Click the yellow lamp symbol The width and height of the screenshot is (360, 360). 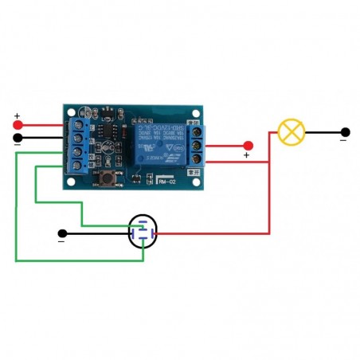click(292, 131)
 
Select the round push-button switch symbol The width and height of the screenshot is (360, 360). click(143, 233)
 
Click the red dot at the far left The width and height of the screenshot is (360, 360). click(18, 125)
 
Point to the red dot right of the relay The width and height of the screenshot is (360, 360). click(248, 145)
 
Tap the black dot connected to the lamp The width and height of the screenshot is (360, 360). click(345, 131)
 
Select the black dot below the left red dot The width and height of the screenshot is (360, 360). click(18, 137)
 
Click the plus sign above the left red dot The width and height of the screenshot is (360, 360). click(17, 116)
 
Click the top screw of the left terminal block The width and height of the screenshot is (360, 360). click(78, 125)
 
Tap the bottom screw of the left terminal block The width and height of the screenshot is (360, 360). click(78, 166)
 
